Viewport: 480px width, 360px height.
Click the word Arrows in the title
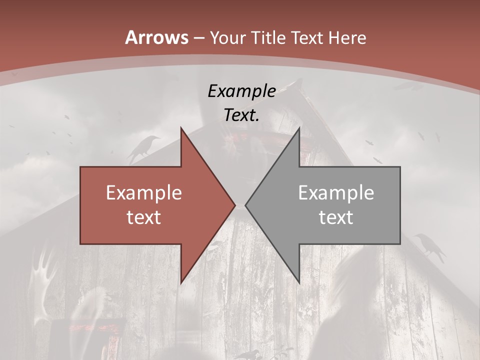pos(156,37)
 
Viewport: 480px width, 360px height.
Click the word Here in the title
pos(347,38)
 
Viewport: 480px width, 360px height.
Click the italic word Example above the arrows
pos(241,91)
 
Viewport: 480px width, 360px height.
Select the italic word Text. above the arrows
pos(241,115)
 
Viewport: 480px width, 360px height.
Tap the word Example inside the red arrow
pos(144,192)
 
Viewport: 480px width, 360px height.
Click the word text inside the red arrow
pos(144,217)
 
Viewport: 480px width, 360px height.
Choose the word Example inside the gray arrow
pos(336,192)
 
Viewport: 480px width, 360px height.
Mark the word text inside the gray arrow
pos(336,217)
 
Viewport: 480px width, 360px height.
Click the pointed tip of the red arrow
pos(235,205)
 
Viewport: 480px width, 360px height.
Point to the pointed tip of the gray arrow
pos(245,205)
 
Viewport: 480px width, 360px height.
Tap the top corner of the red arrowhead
pos(181,127)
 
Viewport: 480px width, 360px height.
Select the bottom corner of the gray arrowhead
pos(299,283)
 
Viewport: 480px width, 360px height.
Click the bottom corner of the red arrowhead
pos(181,283)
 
